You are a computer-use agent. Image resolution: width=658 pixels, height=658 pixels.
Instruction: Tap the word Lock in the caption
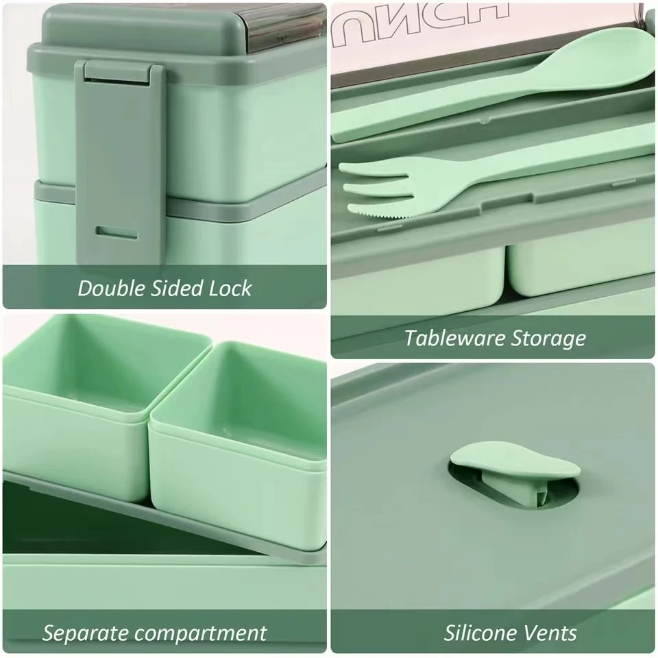tap(230, 288)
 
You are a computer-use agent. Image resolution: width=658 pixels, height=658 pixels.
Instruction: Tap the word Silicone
tap(484, 633)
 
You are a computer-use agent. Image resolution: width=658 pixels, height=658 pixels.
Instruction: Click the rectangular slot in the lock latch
tap(117, 232)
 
